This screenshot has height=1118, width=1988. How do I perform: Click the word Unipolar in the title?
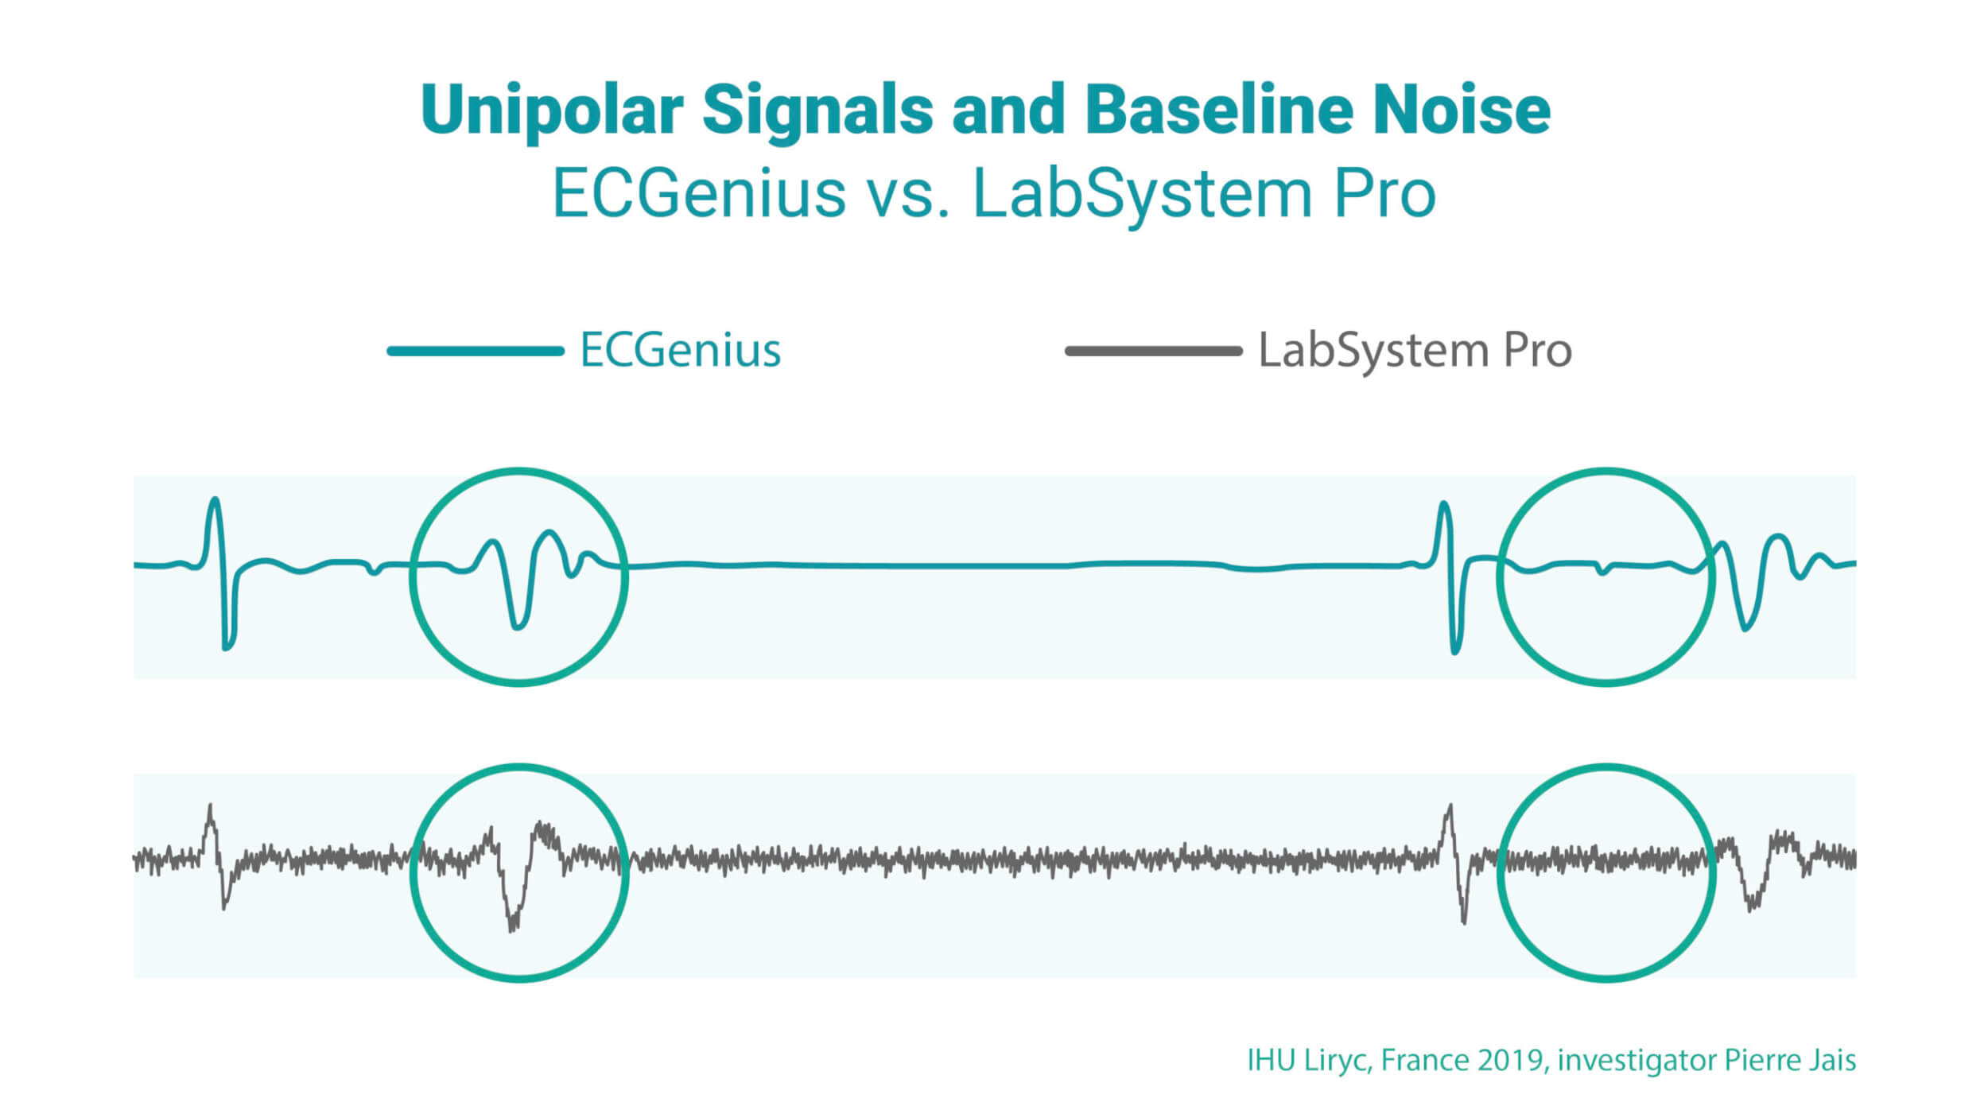click(x=552, y=111)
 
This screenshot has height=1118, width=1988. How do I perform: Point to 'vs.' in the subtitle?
click(x=909, y=195)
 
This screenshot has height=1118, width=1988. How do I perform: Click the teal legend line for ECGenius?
click(x=476, y=351)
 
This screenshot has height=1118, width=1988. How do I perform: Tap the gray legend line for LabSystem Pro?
click(x=1153, y=351)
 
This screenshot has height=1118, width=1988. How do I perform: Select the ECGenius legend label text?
click(x=681, y=350)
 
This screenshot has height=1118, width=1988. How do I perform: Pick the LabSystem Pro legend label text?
click(x=1415, y=351)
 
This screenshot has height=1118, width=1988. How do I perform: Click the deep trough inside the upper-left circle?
click(x=518, y=627)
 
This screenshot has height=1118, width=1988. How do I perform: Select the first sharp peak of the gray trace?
click(x=210, y=806)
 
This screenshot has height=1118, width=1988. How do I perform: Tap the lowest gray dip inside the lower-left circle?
click(x=512, y=929)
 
